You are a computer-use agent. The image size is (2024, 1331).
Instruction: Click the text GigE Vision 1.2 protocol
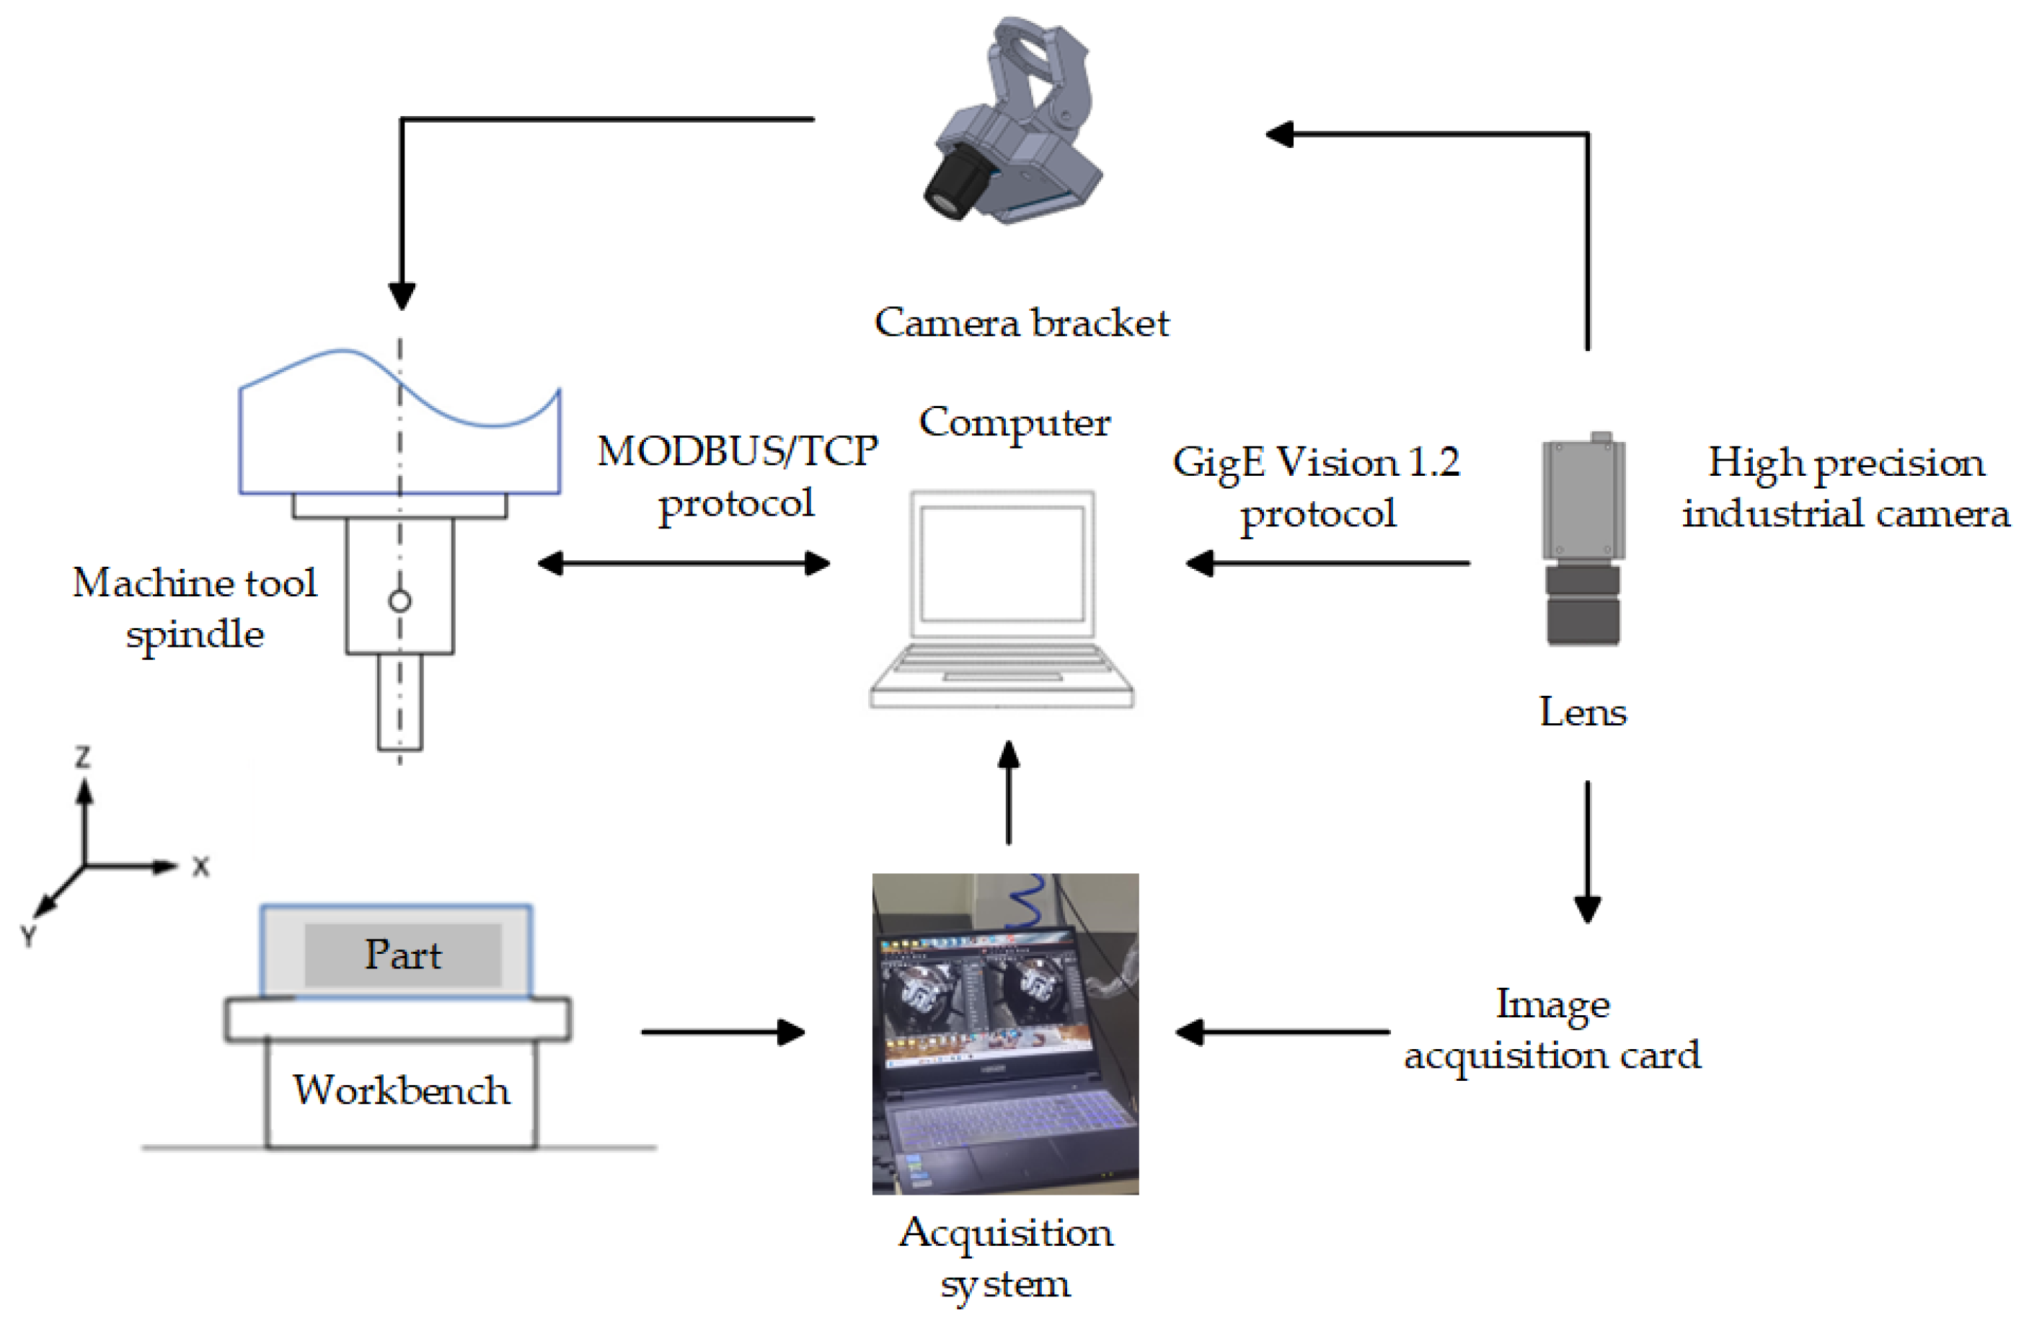pyautogui.click(x=1316, y=487)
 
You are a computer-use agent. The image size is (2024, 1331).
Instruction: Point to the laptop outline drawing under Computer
pyautogui.click(x=1002, y=600)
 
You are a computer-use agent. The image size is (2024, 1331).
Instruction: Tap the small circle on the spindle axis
pyautogui.click(x=399, y=601)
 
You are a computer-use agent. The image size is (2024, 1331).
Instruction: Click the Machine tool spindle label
pyautogui.click(x=195, y=607)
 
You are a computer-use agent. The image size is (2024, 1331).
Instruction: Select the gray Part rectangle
pyautogui.click(x=402, y=954)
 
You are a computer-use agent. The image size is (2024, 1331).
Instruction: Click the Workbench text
pyautogui.click(x=402, y=1090)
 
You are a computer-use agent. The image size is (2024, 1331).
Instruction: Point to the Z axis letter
pyautogui.click(x=82, y=757)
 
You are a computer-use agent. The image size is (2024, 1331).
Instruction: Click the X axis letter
pyautogui.click(x=200, y=867)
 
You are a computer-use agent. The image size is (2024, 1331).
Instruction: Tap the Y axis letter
pyautogui.click(x=28, y=937)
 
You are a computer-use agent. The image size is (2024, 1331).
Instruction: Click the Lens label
pyautogui.click(x=1582, y=712)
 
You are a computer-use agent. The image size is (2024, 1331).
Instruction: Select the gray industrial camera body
pyautogui.click(x=1583, y=498)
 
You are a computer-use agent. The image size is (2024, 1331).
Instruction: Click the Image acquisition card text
pyautogui.click(x=1552, y=1029)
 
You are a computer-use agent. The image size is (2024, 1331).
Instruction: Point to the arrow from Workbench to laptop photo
pyautogui.click(x=722, y=1032)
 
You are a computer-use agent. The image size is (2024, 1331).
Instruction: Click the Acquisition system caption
pyautogui.click(x=1005, y=1257)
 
